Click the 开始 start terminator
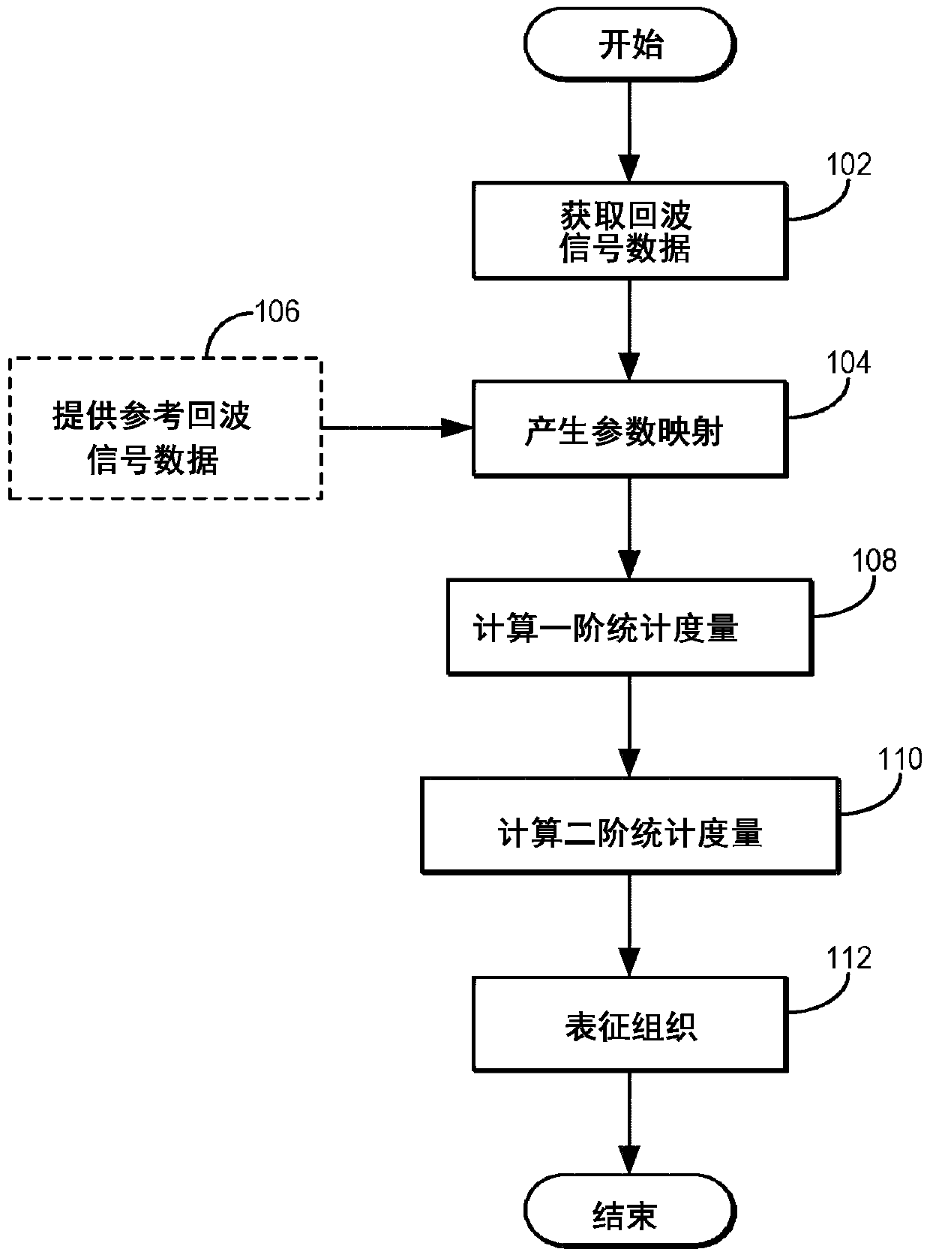[x=629, y=44]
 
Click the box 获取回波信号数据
[x=630, y=230]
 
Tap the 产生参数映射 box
[x=630, y=429]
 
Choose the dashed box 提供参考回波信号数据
[x=166, y=429]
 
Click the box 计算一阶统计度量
[x=630, y=627]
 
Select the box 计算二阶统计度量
[x=630, y=826]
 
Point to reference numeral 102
[x=848, y=165]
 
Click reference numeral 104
[x=848, y=363]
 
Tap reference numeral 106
[x=277, y=311]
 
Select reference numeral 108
[x=874, y=560]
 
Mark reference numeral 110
[x=900, y=759]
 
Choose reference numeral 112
[x=848, y=958]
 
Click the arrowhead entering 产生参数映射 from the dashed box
[x=457, y=428]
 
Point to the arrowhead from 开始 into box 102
[x=629, y=167]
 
